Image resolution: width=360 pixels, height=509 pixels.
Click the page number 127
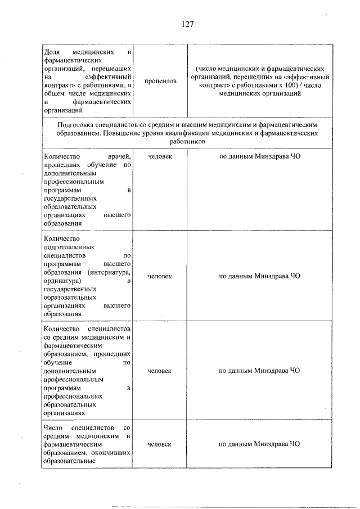tap(188, 24)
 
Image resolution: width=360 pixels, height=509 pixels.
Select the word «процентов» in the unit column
tap(160, 82)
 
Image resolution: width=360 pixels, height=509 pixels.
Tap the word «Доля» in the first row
tap(52, 52)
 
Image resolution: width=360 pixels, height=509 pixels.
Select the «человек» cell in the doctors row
tap(160, 156)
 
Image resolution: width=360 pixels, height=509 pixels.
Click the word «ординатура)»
tap(61, 280)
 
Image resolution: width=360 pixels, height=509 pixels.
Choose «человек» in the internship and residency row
tap(160, 276)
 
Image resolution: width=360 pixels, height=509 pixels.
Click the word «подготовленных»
tap(69, 247)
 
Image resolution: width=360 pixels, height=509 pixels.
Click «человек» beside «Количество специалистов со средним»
tap(160, 371)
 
